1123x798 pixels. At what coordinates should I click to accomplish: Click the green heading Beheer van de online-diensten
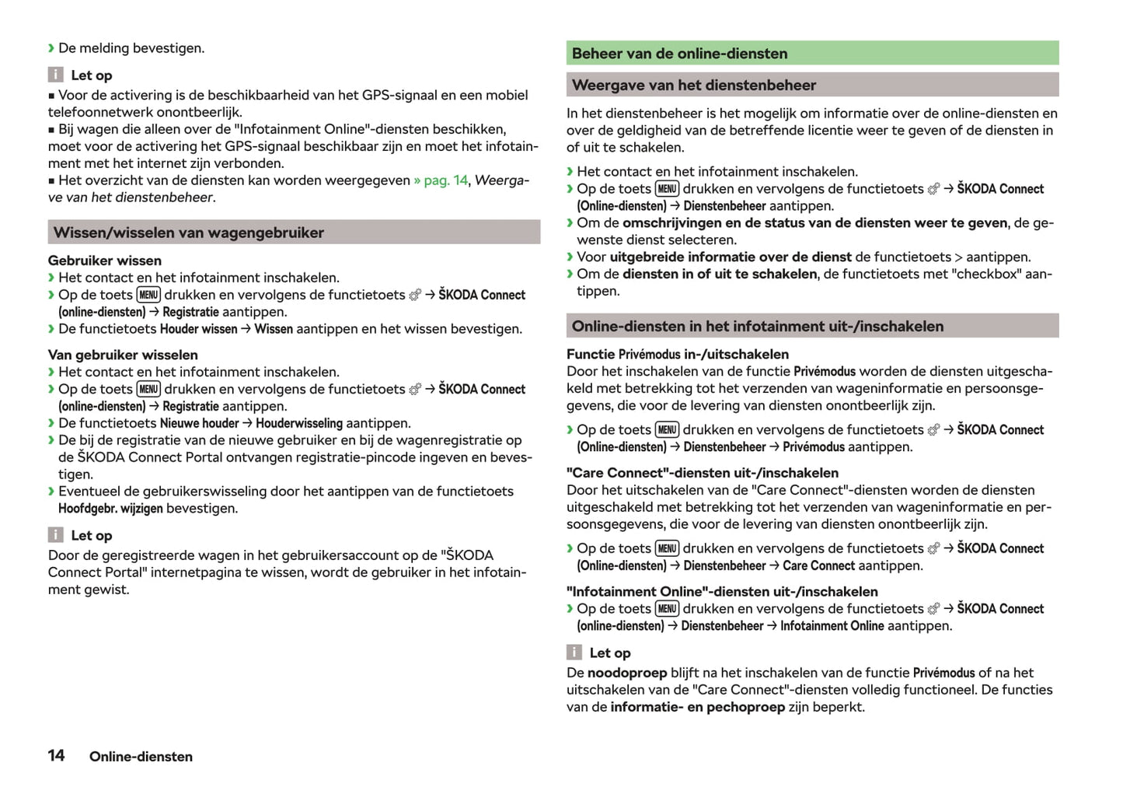(x=679, y=54)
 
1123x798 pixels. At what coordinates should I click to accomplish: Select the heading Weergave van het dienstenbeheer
(x=693, y=86)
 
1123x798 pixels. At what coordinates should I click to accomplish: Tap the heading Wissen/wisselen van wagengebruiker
(x=188, y=233)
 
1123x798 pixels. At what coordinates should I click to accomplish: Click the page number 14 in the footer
(x=56, y=755)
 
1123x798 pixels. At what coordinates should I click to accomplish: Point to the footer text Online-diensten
(x=141, y=757)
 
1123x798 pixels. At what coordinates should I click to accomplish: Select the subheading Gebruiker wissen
(x=105, y=261)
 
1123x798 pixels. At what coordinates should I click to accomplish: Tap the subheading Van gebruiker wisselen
(x=123, y=355)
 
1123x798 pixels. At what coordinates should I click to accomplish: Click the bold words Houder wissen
(x=198, y=329)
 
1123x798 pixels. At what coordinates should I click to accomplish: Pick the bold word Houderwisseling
(x=298, y=423)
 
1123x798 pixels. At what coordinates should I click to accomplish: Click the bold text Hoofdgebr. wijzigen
(x=110, y=509)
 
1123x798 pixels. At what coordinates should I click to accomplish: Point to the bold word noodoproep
(x=626, y=673)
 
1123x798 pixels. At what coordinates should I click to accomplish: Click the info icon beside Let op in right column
(x=574, y=653)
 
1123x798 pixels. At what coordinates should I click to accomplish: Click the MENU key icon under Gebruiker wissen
(x=148, y=295)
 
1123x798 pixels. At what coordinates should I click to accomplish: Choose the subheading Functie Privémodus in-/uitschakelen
(x=677, y=355)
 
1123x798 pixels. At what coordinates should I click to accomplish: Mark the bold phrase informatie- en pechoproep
(x=697, y=707)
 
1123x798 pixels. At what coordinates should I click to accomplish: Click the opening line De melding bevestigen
(x=131, y=48)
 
